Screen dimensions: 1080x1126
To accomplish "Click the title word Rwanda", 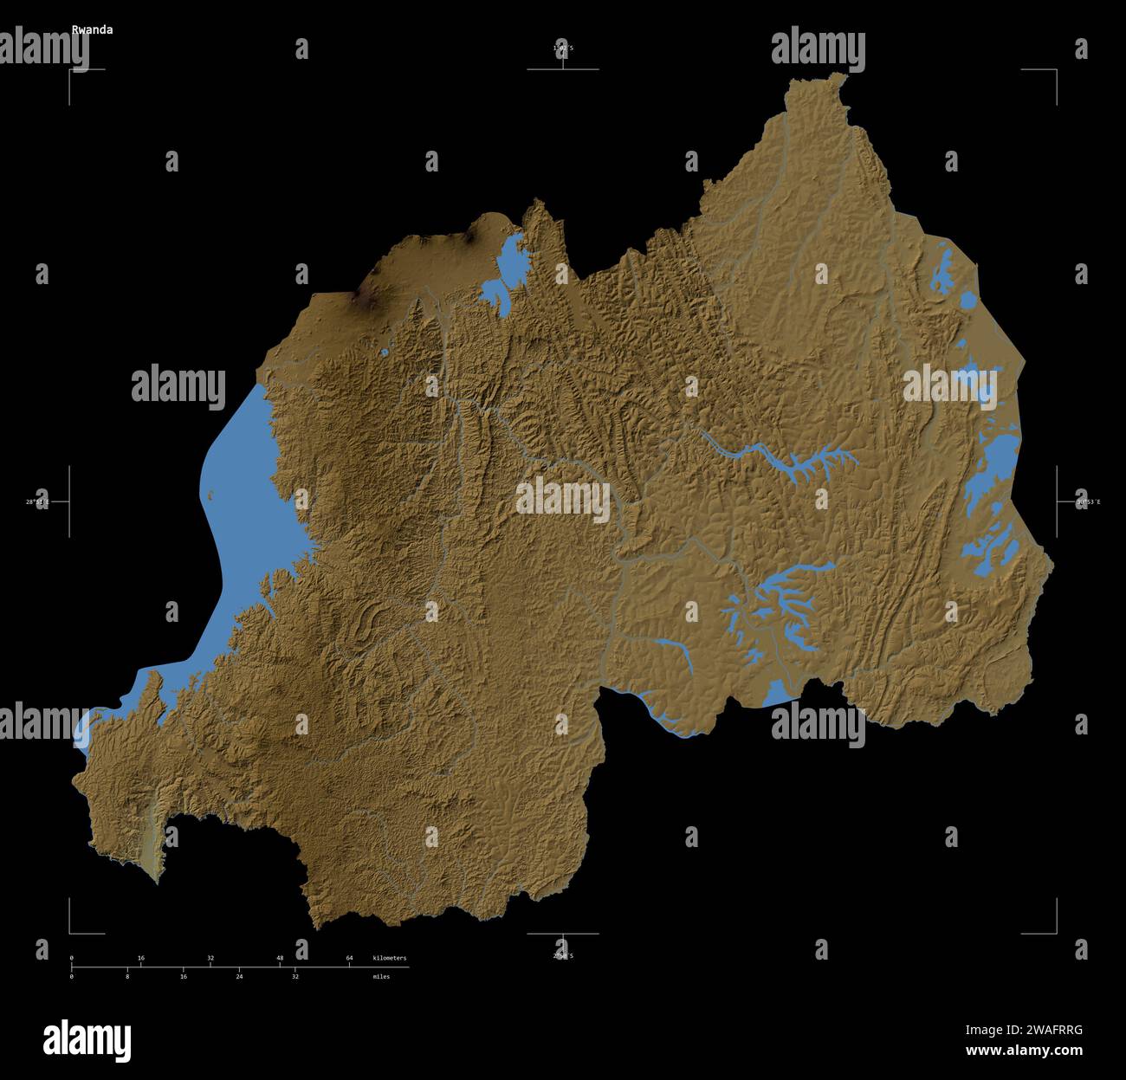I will (x=92, y=29).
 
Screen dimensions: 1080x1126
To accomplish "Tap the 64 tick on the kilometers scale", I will (x=349, y=958).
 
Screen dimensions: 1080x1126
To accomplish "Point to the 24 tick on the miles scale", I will (x=239, y=976).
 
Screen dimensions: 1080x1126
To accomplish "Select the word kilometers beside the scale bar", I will (x=389, y=958).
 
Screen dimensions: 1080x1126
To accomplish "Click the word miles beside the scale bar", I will (x=381, y=976).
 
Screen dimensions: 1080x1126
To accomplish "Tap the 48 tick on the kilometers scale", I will (x=280, y=958).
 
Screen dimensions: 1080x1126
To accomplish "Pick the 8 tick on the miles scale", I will (x=127, y=976).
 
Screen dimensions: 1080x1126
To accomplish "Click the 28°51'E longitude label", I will (x=37, y=501).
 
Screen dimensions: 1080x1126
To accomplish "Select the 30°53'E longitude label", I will (x=1088, y=501).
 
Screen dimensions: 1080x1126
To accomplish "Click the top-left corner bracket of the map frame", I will (x=71, y=70).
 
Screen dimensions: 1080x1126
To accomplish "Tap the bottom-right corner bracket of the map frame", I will (x=1055, y=933).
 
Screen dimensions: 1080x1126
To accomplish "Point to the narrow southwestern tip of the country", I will (x=157, y=879).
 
